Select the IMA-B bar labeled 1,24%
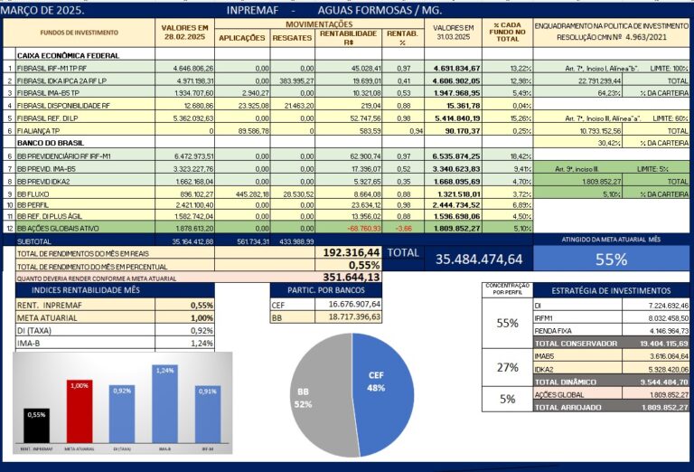(164, 408)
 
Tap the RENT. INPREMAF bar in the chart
(38, 430)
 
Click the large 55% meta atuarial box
(611, 260)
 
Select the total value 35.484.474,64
(478, 260)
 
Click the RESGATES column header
(293, 38)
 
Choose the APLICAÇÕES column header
(242, 38)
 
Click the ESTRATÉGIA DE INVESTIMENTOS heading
(611, 291)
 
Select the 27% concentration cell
(507, 368)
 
